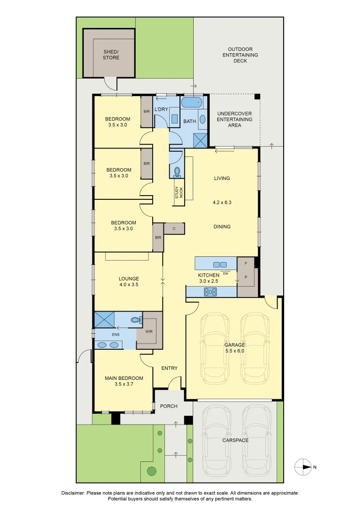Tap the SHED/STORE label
[x=111, y=55]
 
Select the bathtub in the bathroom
[x=192, y=103]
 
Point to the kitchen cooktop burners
[x=210, y=292]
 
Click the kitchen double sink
[x=220, y=264]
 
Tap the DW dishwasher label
[x=226, y=274]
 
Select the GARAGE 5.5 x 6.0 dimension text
[x=234, y=351]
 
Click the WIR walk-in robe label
[x=149, y=332]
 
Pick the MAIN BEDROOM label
[x=124, y=378]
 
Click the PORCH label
[x=168, y=406]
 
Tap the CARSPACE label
[x=235, y=440]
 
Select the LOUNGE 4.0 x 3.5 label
[x=129, y=282]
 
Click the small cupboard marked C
[x=174, y=229]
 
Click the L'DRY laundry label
[x=161, y=109]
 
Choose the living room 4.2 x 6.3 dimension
[x=222, y=203]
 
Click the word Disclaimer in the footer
[x=73, y=493]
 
